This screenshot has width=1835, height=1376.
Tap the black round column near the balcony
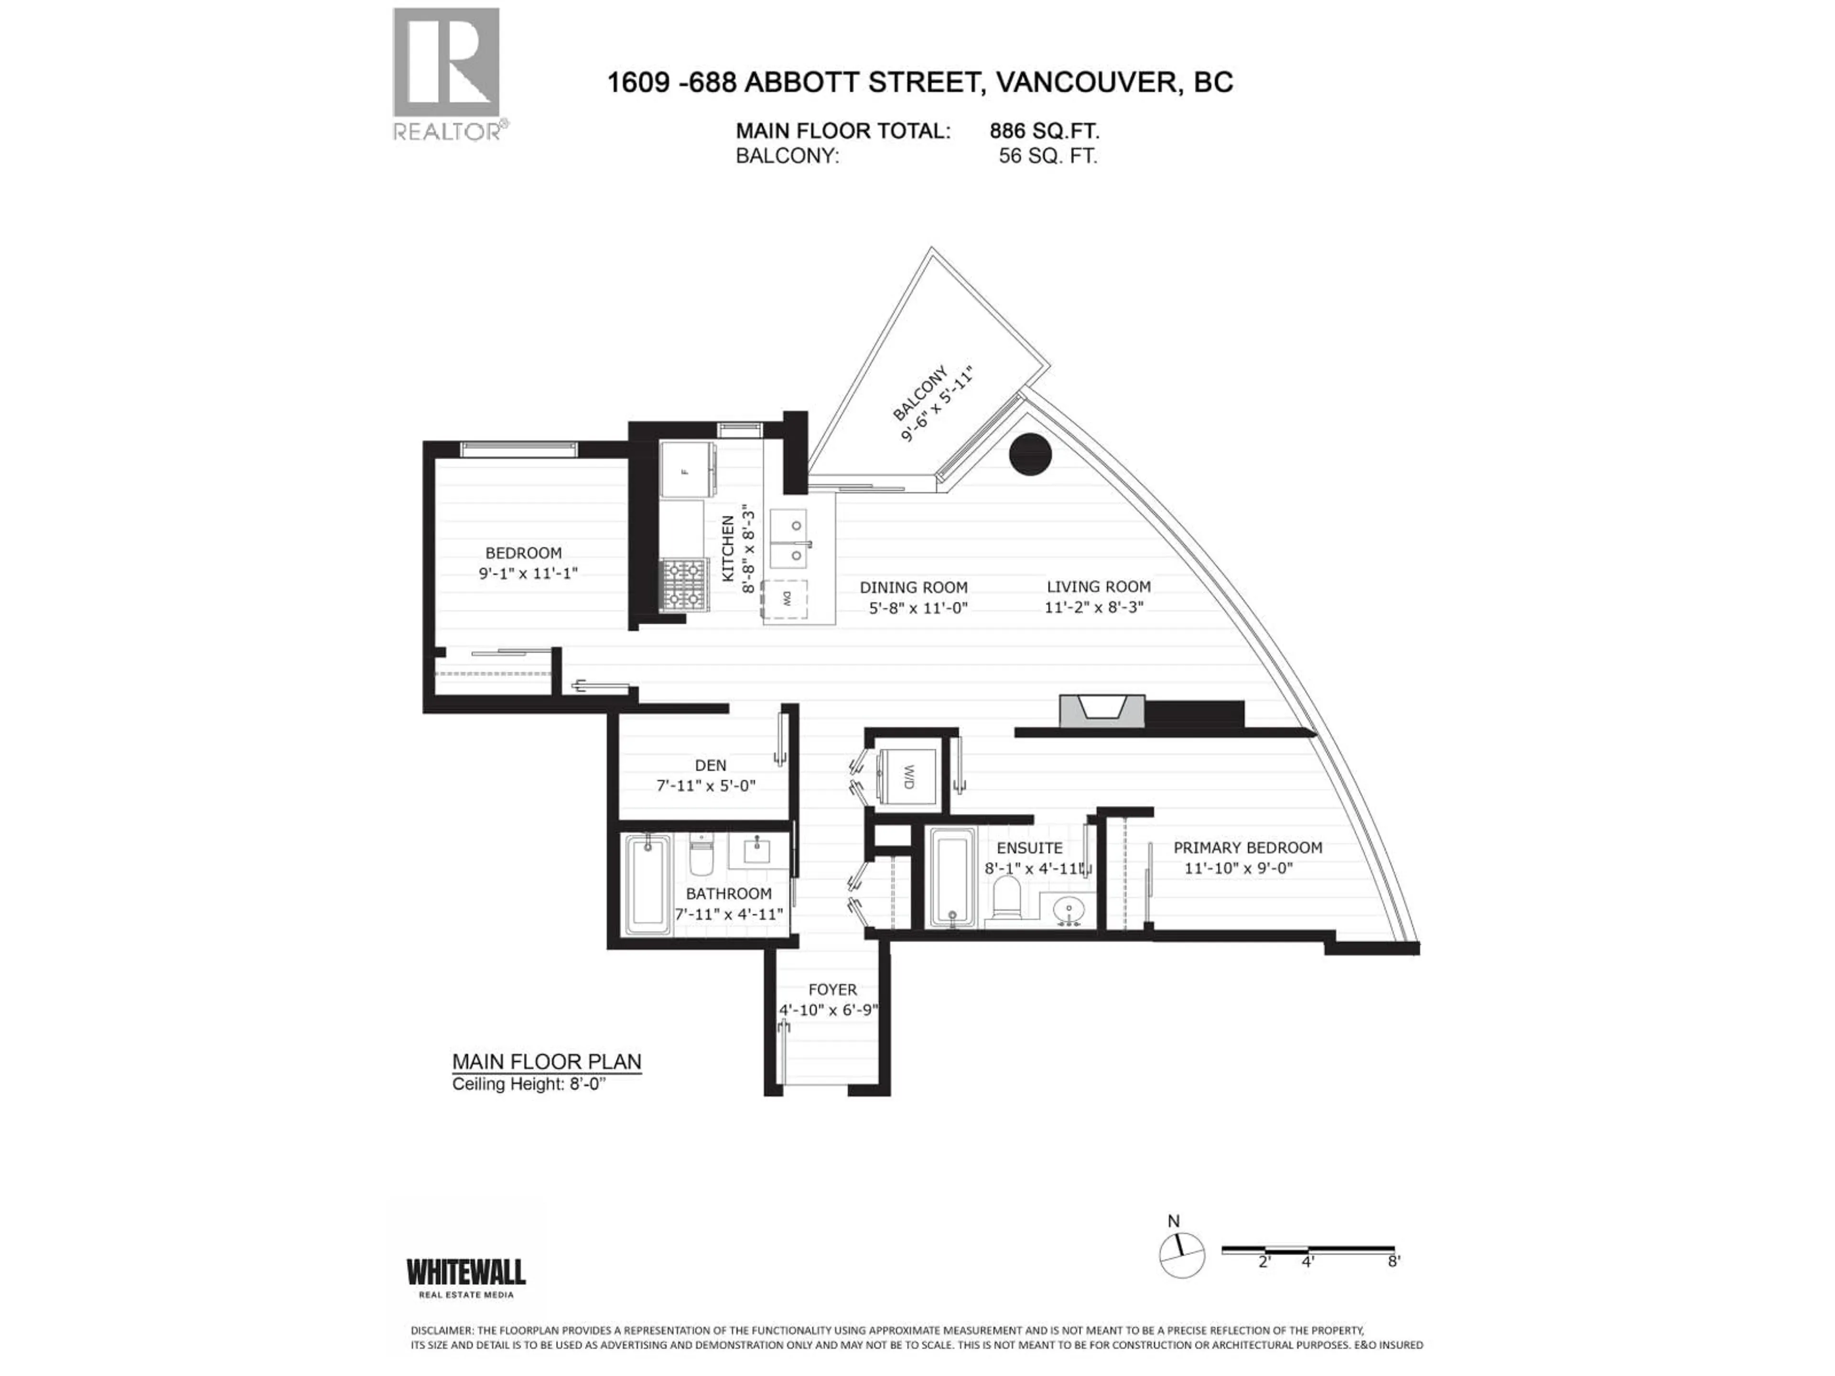point(1030,454)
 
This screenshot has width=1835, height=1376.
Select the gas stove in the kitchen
point(684,585)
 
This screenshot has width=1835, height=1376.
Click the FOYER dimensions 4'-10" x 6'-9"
point(829,1010)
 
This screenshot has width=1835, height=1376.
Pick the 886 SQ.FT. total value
point(1045,131)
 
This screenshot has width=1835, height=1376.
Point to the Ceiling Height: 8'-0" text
point(535,1084)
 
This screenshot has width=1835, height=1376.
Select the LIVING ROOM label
point(1098,586)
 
